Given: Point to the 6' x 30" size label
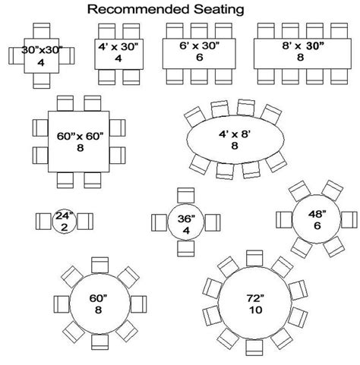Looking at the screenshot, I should tap(198, 47).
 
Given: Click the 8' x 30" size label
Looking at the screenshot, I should tap(298, 47).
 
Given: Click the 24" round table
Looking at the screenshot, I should tap(64, 222).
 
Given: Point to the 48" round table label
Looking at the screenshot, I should tap(312, 216).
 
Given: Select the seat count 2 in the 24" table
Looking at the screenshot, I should tap(64, 227).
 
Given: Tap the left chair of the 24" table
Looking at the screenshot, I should tap(44, 222).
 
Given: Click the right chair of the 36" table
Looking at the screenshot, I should tap(207, 221).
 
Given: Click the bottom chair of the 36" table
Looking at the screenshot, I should tap(182, 248).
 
